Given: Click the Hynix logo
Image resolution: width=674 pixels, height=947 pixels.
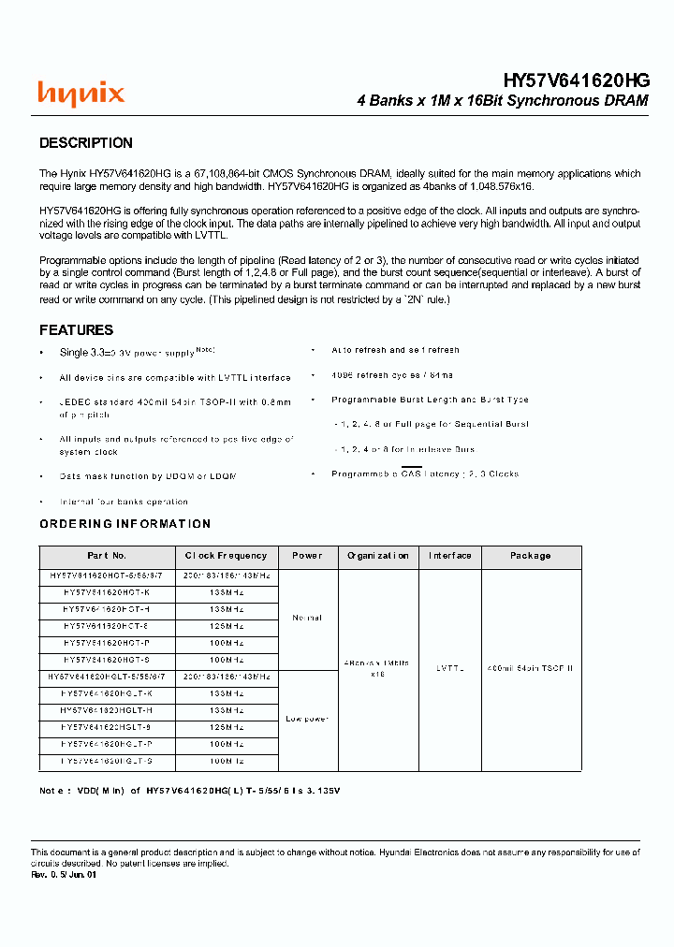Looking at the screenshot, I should pos(81,94).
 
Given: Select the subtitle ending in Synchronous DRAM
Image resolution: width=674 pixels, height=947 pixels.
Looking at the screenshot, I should pos(503,101).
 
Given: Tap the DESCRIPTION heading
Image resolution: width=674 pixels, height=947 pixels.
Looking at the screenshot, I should pos(86,143).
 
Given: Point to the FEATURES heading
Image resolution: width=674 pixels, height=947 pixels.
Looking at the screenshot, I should pos(76,330).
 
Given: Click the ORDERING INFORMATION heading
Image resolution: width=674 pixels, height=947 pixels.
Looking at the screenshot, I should pos(125,524).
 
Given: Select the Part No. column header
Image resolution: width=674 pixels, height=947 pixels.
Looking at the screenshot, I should pos(107,556).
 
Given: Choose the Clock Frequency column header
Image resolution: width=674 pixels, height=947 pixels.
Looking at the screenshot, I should pos(226,556).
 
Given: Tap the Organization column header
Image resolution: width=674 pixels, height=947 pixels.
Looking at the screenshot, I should pos(377,556).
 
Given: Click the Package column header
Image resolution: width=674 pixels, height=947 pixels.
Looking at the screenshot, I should pos(530,556).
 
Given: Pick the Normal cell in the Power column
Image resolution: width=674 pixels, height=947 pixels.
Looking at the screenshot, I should pos(306,618).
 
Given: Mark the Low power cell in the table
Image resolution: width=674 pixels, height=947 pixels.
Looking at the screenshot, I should pos(306,719).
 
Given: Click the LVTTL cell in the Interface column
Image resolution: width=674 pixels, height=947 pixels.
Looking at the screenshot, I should pos(449,669).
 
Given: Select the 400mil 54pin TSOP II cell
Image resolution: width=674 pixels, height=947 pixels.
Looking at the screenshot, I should pos(530,669).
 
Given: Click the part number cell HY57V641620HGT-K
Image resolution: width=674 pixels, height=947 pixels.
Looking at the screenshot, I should pos(107,593).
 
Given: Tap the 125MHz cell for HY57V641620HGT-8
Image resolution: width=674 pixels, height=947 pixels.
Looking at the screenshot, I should pos(226,626).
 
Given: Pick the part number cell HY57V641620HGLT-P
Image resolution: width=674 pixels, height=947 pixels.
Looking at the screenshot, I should pos(107,744).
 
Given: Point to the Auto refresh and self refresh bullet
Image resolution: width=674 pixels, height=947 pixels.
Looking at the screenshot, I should pos(395,350).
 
